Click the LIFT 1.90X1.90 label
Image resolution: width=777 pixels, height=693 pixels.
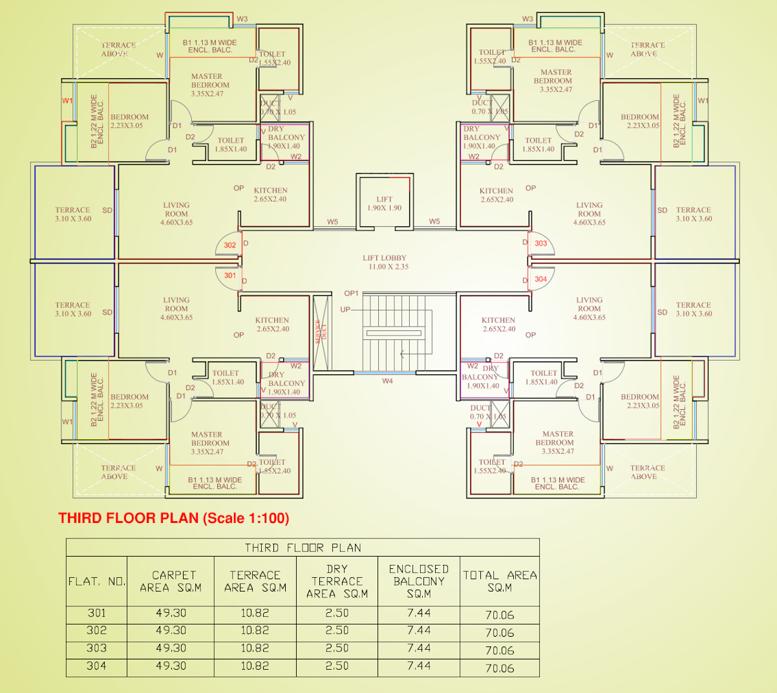pyautogui.click(x=385, y=204)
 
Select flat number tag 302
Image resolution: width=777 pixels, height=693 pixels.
pyautogui.click(x=230, y=245)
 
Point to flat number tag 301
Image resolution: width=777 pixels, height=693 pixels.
pyautogui.click(x=230, y=275)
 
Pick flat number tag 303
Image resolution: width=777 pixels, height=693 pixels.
pyautogui.click(x=541, y=244)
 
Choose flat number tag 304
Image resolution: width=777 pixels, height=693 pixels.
pyautogui.click(x=541, y=279)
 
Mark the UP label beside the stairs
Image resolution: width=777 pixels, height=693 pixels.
pyautogui.click(x=346, y=310)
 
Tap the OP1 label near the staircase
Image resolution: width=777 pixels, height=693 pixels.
pyautogui.click(x=351, y=293)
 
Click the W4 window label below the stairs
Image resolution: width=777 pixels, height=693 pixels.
pyautogui.click(x=387, y=381)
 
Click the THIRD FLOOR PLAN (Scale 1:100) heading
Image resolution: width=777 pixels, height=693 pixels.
pyautogui.click(x=174, y=518)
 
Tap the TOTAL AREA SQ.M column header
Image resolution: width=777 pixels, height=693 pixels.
pyautogui.click(x=500, y=581)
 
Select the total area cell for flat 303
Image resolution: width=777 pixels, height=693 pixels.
pyautogui.click(x=500, y=650)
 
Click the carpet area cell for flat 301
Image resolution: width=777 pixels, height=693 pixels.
pyautogui.click(x=171, y=613)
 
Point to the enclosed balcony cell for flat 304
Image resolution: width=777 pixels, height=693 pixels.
pyautogui.click(x=419, y=666)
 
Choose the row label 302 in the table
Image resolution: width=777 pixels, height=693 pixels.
pyautogui.click(x=96, y=631)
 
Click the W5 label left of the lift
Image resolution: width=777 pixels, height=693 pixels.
pyautogui.click(x=332, y=222)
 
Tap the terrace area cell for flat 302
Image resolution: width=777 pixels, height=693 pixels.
pyautogui.click(x=255, y=631)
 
